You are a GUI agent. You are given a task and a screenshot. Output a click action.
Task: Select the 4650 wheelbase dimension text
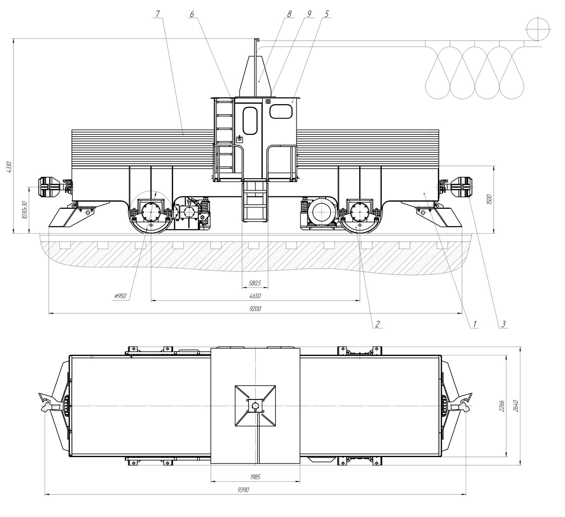tap(255, 296)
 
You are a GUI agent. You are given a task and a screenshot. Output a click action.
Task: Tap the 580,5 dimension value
tap(255, 283)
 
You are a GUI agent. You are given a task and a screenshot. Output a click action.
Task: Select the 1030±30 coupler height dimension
tap(24, 210)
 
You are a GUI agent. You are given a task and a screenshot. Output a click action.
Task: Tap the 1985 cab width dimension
tap(255, 477)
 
